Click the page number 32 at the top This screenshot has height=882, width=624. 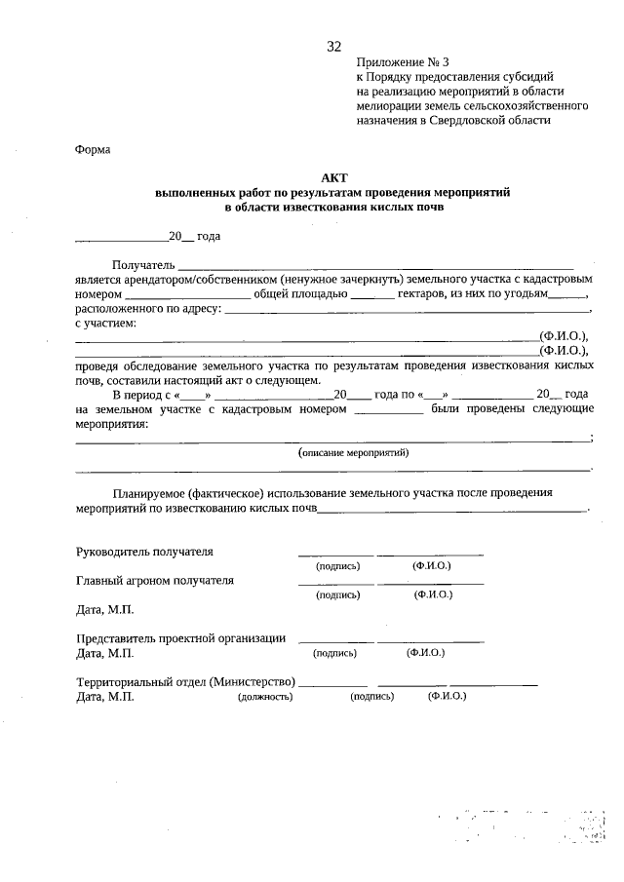(x=334, y=47)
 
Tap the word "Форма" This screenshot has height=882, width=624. (x=93, y=149)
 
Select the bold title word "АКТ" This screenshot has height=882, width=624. (x=334, y=178)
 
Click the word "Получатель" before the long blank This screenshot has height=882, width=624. (x=143, y=265)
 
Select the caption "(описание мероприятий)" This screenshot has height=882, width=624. (x=353, y=452)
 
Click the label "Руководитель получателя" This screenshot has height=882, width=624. (x=144, y=552)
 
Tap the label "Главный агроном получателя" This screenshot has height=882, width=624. (x=155, y=581)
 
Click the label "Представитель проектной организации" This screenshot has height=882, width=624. (x=180, y=638)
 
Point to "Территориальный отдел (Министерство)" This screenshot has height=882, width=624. (x=185, y=682)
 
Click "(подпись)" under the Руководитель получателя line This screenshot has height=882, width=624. (x=337, y=566)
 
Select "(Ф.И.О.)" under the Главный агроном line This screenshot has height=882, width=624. (x=432, y=594)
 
